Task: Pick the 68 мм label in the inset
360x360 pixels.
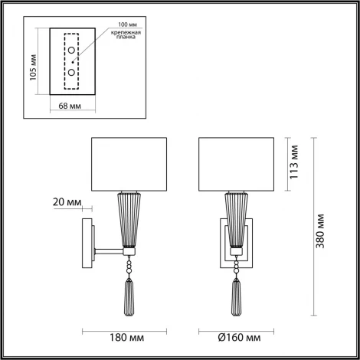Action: [72, 106]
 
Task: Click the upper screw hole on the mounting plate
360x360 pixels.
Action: [71, 51]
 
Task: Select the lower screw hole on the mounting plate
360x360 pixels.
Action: [71, 71]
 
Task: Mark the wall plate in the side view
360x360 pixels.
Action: [87, 244]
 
